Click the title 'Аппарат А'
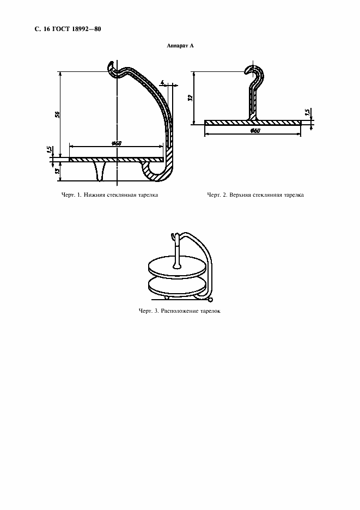tap(180, 46)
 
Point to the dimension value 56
tap(57, 115)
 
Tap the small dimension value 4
tap(162, 83)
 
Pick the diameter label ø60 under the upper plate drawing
tap(255, 131)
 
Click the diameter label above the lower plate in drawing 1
tap(116, 143)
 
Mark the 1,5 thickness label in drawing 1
tap(49, 150)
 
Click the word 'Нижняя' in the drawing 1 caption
tap(94, 195)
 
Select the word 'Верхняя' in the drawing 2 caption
tap(240, 195)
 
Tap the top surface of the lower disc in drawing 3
tap(177, 282)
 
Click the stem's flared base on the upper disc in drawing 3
tap(176, 266)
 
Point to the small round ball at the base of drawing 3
tap(210, 299)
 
